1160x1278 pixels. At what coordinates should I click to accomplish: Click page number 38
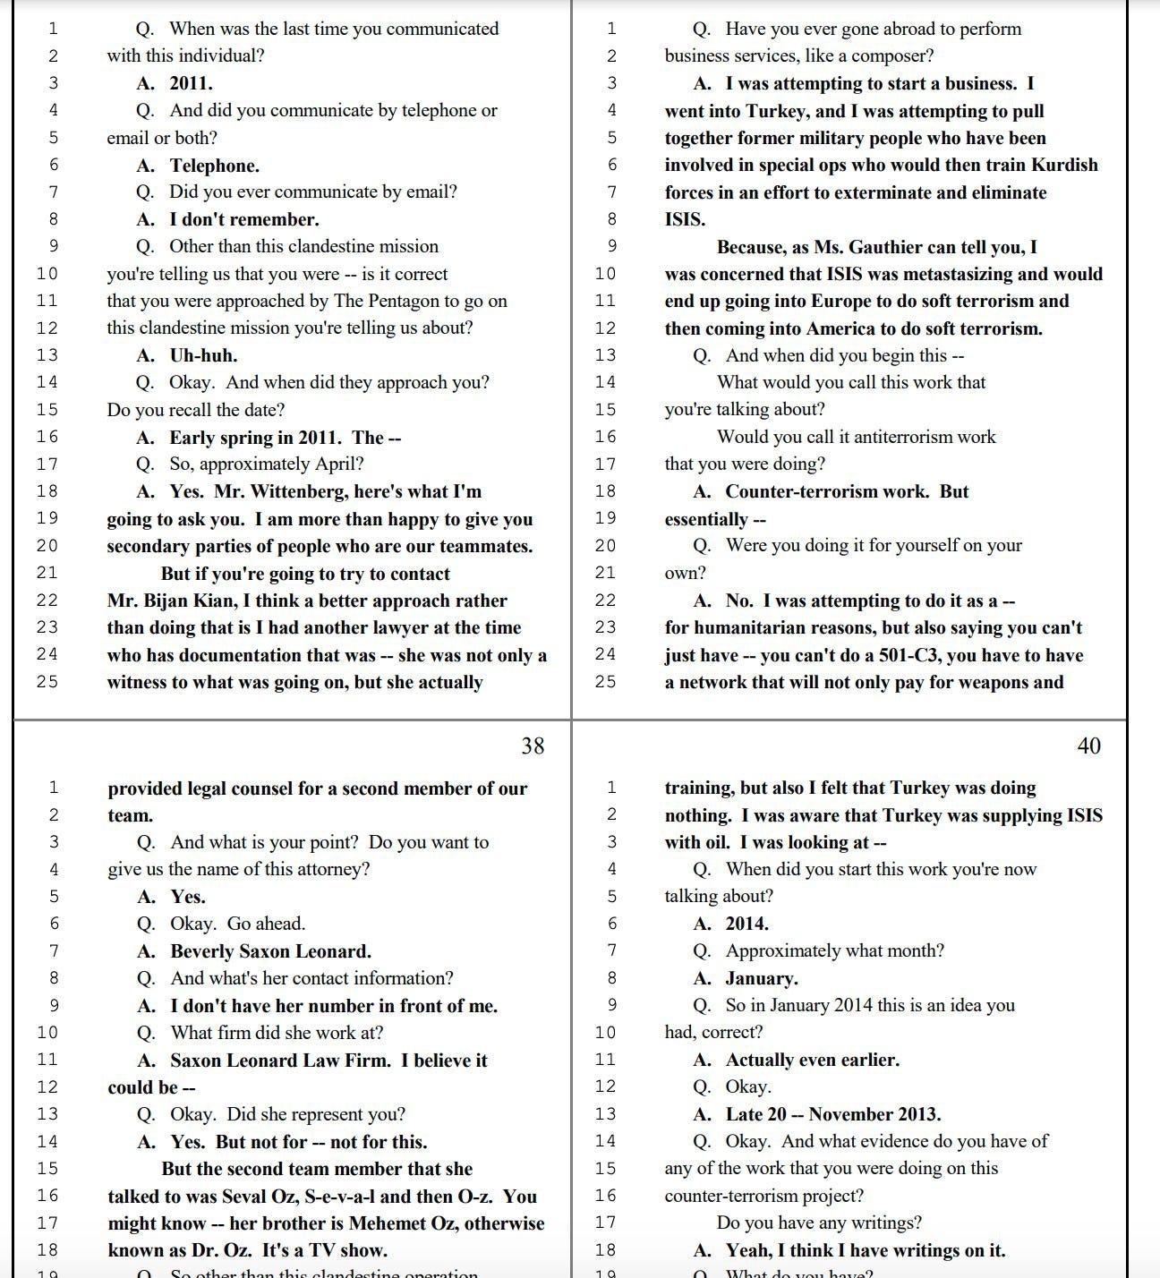(533, 745)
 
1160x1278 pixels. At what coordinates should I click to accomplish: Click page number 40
(1088, 745)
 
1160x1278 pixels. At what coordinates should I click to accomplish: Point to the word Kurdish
(1064, 165)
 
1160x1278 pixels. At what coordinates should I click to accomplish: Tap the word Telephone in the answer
(215, 166)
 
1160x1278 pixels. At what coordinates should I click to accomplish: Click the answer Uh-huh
(203, 355)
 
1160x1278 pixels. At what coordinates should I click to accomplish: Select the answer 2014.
(746, 924)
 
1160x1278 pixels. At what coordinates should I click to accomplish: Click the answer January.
(762, 978)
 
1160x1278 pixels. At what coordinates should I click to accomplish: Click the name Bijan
(166, 601)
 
